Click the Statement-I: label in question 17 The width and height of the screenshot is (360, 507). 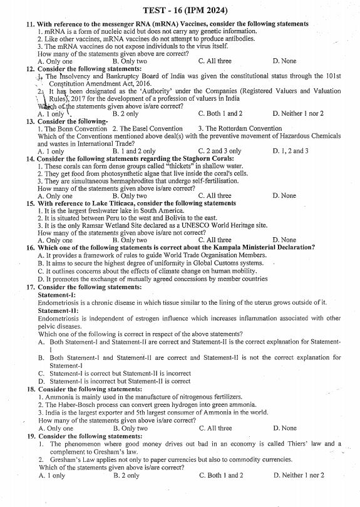56,294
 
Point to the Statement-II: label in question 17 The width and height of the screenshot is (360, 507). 58,310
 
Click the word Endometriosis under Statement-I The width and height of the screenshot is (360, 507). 60,302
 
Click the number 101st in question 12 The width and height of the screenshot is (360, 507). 332,76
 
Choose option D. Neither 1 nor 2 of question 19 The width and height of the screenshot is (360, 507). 299,475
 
